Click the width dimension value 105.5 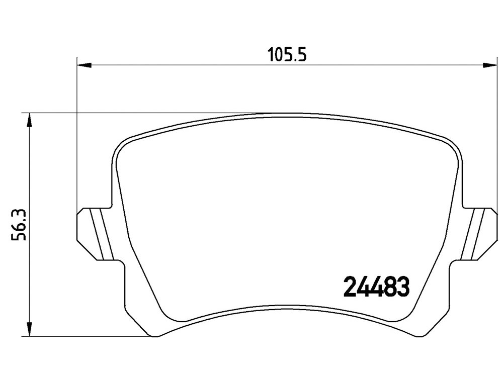click(x=287, y=54)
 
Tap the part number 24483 click(x=376, y=287)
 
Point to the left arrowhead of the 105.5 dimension click(x=85, y=65)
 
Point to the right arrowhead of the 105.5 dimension click(x=490, y=65)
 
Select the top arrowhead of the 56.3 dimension click(x=29, y=120)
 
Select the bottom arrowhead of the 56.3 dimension click(x=29, y=329)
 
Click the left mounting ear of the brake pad click(x=95, y=234)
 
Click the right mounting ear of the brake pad click(x=479, y=234)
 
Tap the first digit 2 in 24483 click(x=350, y=287)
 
